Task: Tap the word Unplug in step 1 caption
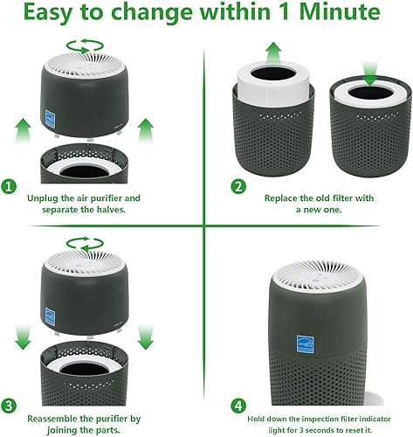coord(44,198)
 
